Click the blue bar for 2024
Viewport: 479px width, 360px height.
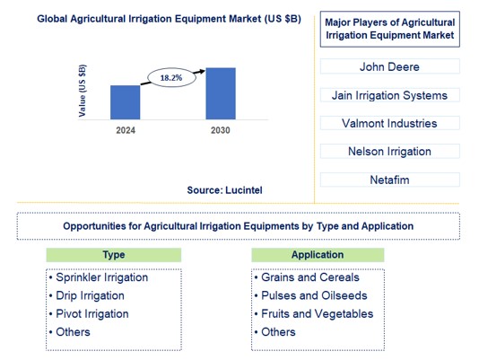coord(126,102)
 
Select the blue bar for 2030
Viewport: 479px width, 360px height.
coord(221,93)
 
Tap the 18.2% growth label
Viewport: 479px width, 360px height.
coord(170,78)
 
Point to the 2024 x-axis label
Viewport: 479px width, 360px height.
coord(126,130)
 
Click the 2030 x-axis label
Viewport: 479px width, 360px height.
coord(221,130)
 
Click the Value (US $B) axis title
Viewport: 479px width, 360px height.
coord(83,91)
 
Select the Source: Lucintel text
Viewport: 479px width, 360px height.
coord(225,189)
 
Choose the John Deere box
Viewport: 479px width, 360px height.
coord(389,66)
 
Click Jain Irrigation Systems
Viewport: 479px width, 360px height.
coord(389,95)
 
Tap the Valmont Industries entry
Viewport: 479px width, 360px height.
coord(389,123)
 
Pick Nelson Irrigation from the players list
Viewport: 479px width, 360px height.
coord(389,152)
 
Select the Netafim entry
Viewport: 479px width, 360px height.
coord(389,180)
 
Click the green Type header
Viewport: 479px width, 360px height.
coord(114,255)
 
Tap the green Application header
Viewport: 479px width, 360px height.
coord(317,255)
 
